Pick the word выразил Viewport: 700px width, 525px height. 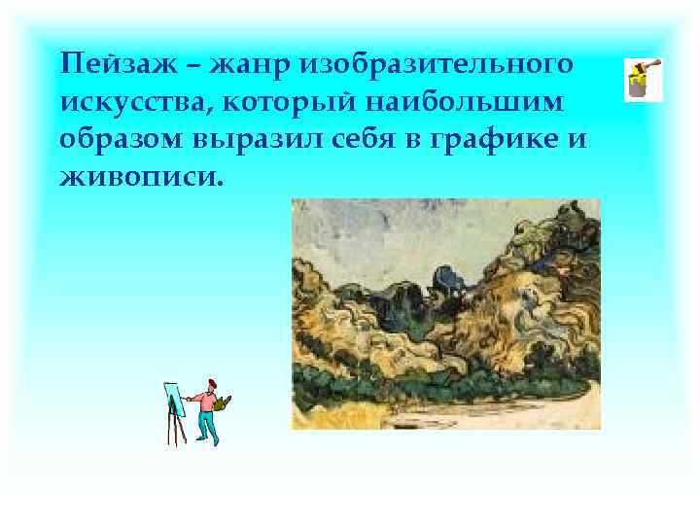pos(242,139)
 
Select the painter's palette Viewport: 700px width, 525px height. pos(224,400)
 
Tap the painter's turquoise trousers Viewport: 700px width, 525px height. pos(206,425)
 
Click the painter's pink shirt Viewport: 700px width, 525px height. pos(204,400)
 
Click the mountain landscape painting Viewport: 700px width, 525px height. pos(446,314)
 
